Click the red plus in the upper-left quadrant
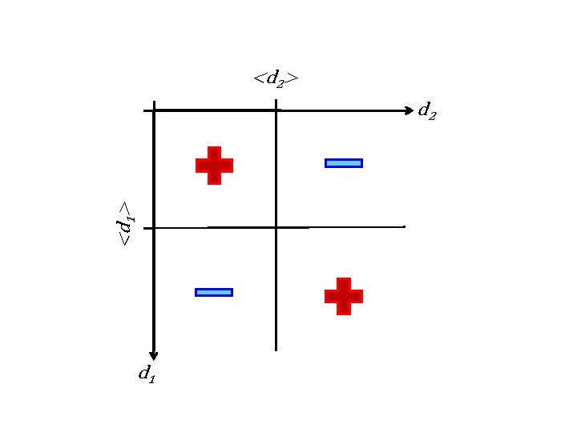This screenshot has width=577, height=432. click(214, 166)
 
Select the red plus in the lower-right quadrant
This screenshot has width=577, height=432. click(343, 296)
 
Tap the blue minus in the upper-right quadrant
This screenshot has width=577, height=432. click(343, 163)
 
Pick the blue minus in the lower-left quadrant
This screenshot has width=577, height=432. click(214, 292)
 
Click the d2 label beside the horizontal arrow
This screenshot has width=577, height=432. click(428, 111)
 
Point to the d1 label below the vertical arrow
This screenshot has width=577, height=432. click(147, 373)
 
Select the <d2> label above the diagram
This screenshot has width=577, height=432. click(276, 78)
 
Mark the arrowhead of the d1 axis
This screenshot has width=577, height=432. click(154, 356)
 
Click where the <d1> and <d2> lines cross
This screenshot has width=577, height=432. click(276, 228)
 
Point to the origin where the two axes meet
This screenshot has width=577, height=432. click(154, 110)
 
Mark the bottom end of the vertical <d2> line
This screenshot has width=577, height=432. click(276, 350)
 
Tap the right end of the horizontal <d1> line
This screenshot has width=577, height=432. click(404, 227)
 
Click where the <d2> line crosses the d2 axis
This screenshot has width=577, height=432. click(276, 110)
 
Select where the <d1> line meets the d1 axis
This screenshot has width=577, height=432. click(154, 228)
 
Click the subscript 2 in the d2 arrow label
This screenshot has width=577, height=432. click(433, 115)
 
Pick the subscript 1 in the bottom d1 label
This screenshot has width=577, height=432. click(151, 377)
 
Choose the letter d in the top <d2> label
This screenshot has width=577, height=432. click(272, 78)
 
